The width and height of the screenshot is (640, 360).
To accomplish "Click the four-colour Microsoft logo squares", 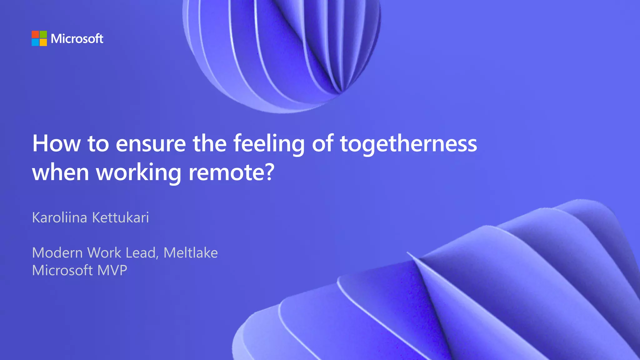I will coord(39,38).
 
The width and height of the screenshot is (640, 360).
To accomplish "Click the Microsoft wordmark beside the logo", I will coord(77,39).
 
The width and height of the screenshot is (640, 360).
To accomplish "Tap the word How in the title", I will coord(57,143).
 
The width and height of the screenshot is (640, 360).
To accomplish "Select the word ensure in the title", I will coord(151,143).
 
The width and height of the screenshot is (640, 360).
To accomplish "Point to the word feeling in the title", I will coord(269,143).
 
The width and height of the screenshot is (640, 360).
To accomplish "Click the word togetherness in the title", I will coord(408,143).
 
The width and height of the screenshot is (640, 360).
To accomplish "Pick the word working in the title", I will coord(138,172).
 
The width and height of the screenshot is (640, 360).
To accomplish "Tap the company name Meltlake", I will coord(191,252).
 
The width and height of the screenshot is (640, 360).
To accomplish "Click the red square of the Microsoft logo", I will coord(35,34).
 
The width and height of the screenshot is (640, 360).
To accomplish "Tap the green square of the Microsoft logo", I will coord(43,34).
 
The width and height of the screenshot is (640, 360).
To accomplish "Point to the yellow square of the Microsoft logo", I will coord(43,42).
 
